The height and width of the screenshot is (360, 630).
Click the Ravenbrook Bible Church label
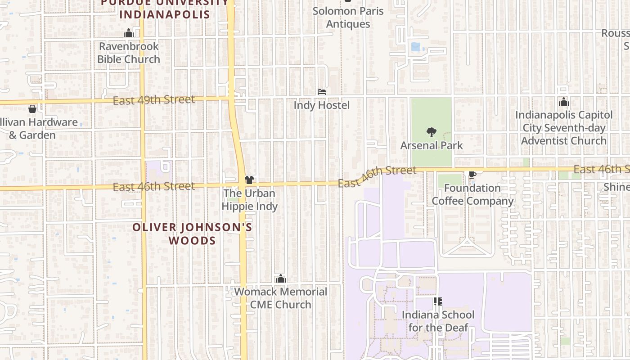pyautogui.click(x=129, y=53)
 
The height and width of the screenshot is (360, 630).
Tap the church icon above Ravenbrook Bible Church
pyautogui.click(x=129, y=33)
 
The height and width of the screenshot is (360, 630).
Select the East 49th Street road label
pyautogui.click(x=153, y=100)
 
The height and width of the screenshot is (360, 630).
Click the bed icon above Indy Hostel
pyautogui.click(x=322, y=92)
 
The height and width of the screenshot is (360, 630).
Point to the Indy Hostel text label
pyautogui.click(x=321, y=105)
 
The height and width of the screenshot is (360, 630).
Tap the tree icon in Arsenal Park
pyautogui.click(x=432, y=132)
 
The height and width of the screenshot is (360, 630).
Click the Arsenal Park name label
pyautogui.click(x=432, y=145)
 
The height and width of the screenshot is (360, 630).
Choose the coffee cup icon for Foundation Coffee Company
pyautogui.click(x=472, y=175)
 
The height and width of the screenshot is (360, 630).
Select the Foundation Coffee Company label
pyautogui.click(x=472, y=194)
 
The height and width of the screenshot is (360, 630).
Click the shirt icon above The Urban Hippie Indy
pyautogui.click(x=249, y=180)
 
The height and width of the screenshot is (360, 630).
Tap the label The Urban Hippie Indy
pyautogui.click(x=249, y=200)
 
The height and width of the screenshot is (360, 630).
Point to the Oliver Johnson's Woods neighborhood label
pyautogui.click(x=192, y=234)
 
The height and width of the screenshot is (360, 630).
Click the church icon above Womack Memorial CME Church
pyautogui.click(x=281, y=279)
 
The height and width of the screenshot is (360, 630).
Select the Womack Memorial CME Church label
pyautogui.click(x=281, y=298)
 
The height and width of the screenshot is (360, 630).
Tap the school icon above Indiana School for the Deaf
pyautogui.click(x=437, y=301)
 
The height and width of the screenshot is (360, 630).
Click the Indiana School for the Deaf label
pyautogui.click(x=438, y=321)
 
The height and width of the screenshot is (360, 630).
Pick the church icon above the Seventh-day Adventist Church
pyautogui.click(x=564, y=102)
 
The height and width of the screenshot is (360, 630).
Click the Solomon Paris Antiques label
pyautogui.click(x=348, y=17)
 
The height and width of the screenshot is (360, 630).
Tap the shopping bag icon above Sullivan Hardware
pyautogui.click(x=32, y=109)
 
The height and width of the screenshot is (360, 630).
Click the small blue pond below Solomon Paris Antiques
pyautogui.click(x=416, y=47)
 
